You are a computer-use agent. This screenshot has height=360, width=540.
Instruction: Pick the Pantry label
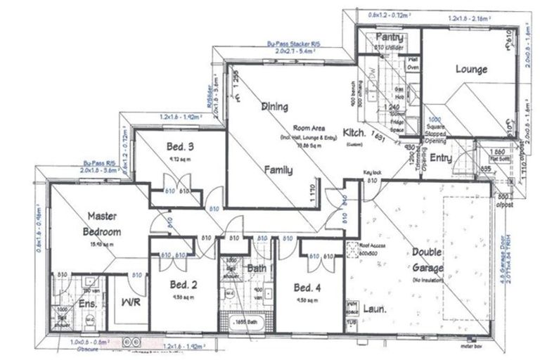(387, 37)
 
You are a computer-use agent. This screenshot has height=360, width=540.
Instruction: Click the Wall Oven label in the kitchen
(413, 64)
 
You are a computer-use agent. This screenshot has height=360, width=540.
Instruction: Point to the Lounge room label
(470, 69)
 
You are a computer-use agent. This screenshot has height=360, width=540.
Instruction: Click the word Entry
(441, 158)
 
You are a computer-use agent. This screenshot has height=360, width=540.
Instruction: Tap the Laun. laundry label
(373, 308)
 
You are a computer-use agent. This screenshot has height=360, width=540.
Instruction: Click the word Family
(278, 169)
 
